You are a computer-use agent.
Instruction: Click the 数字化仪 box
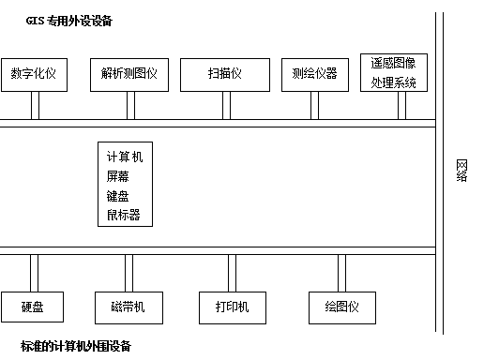(x=35, y=74)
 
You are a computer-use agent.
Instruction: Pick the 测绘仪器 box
(x=314, y=74)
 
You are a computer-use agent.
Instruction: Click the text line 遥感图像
(x=393, y=65)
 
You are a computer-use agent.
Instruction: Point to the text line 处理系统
(x=393, y=82)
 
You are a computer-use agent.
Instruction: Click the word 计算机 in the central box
(x=125, y=156)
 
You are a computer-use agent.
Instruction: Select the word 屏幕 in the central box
(x=118, y=175)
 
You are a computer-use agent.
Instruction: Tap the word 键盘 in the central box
(x=118, y=195)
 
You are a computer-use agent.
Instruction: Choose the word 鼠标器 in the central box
(x=124, y=215)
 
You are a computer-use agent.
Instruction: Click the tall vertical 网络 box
(x=462, y=187)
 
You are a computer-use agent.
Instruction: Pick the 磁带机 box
(x=128, y=307)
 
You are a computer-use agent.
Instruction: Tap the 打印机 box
(x=232, y=307)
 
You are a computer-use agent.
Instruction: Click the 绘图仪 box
(x=342, y=307)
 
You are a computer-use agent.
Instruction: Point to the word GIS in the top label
(x=36, y=21)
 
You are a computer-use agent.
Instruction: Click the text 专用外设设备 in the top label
(x=88, y=21)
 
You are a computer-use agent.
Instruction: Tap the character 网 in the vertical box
(x=462, y=166)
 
